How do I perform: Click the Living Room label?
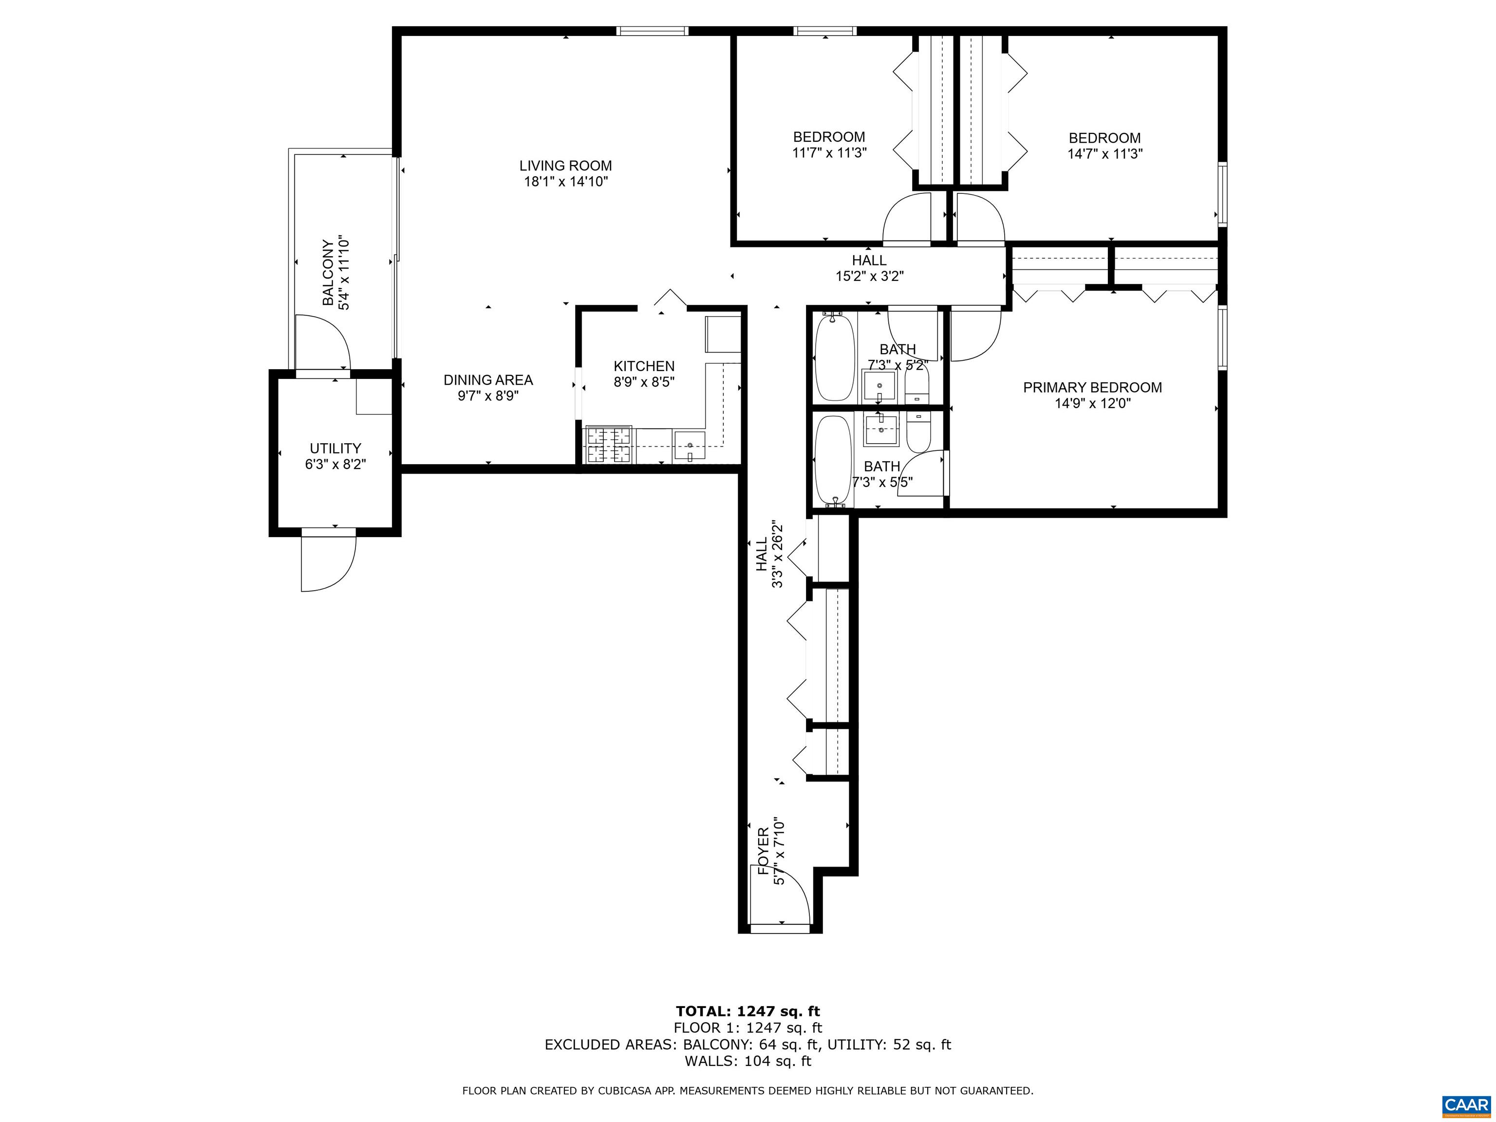pyautogui.click(x=565, y=166)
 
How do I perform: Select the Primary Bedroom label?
pyautogui.click(x=1092, y=388)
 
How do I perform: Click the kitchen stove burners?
pyautogui.click(x=609, y=445)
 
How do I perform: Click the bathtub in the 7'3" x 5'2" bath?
pyautogui.click(x=835, y=358)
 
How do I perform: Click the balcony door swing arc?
pyautogui.click(x=323, y=341)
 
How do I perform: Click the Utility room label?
pyautogui.click(x=336, y=449)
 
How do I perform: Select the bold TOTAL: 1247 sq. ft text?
pyautogui.click(x=748, y=1011)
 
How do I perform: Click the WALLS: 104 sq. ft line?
pyautogui.click(x=748, y=1061)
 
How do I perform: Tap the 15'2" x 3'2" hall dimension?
pyautogui.click(x=869, y=276)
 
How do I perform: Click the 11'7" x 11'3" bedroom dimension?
pyautogui.click(x=829, y=153)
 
